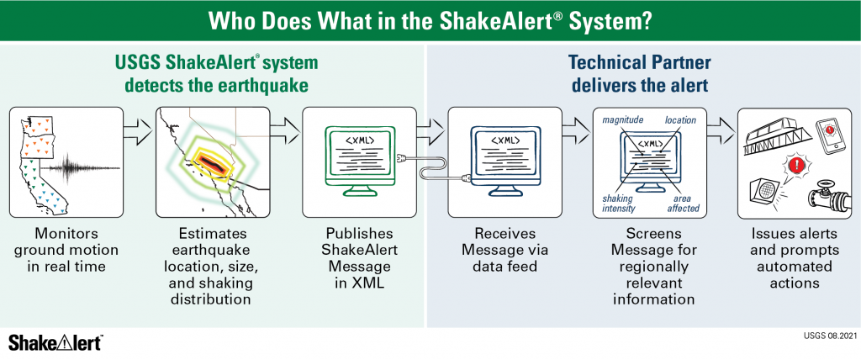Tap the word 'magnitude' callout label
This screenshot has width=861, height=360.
[x=623, y=120]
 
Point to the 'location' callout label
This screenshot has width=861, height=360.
[x=679, y=119]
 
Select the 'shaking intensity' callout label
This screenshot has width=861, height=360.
[x=618, y=203]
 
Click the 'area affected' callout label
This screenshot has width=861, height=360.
[x=683, y=203]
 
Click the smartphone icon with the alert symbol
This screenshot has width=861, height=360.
[x=828, y=134]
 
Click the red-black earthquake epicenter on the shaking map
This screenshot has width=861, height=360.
[x=209, y=161]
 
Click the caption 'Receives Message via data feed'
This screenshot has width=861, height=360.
[x=504, y=250]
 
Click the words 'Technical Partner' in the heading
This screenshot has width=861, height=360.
[x=639, y=62]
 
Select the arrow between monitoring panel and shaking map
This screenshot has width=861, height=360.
[x=137, y=131]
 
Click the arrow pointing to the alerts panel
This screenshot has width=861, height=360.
[x=720, y=131]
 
